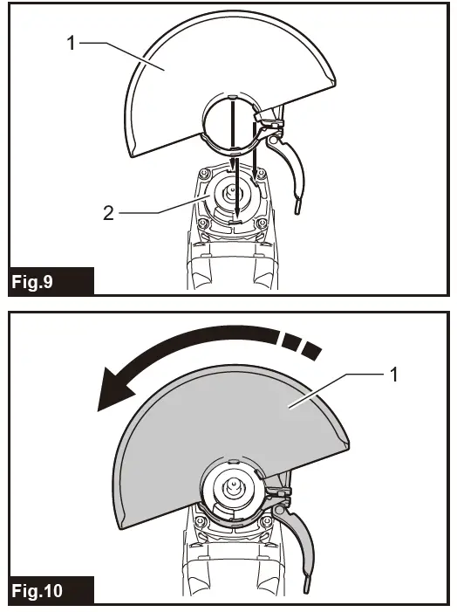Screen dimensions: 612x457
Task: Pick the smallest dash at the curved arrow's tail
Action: tap(312, 349)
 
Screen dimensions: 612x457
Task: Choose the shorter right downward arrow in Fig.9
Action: tap(256, 157)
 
